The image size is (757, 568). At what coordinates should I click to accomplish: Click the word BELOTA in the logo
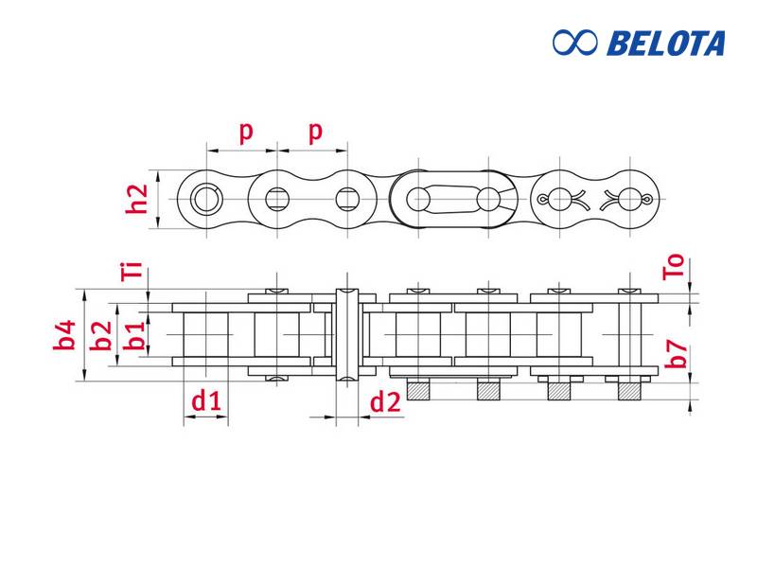pyautogui.click(x=666, y=43)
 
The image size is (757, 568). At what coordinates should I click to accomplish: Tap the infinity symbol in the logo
pyautogui.click(x=575, y=43)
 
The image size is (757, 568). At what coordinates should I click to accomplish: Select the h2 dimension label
pyautogui.click(x=136, y=199)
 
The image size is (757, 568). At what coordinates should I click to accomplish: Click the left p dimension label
pyautogui.click(x=246, y=132)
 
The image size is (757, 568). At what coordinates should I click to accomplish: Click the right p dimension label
pyautogui.click(x=315, y=132)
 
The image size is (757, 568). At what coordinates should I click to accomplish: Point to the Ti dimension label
pyautogui.click(x=132, y=271)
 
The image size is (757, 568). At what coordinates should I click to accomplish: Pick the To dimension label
pyautogui.click(x=674, y=267)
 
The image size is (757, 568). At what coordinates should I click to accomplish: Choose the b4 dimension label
pyautogui.click(x=64, y=335)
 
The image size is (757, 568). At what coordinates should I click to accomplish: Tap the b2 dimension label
pyautogui.click(x=101, y=335)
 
